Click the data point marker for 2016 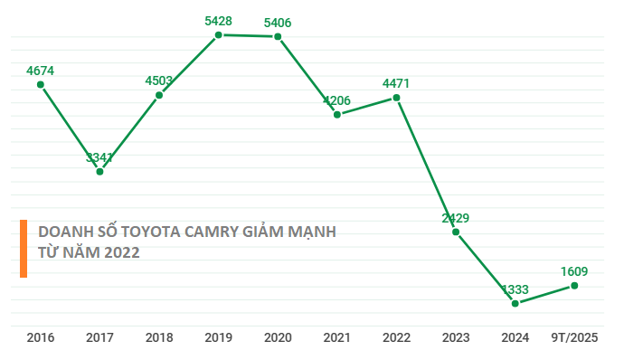41,84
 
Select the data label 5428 218,20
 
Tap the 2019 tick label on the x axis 218,337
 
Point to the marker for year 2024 515,303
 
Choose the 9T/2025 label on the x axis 574,337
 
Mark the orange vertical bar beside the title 24,248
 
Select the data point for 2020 278,36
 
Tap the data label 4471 396,83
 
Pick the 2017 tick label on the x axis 99,337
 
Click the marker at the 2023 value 456,232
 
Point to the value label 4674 41,69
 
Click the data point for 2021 336,114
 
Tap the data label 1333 515,289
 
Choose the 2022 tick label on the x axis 396,337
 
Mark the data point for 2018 159,94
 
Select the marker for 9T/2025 574,286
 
